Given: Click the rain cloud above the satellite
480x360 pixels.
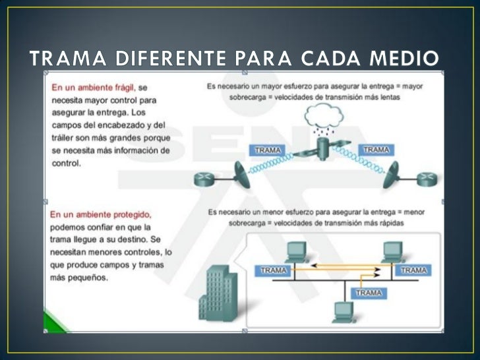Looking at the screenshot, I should tap(321, 119).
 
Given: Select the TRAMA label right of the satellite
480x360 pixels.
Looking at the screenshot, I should tap(376, 150).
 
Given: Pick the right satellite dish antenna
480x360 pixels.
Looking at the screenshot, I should tap(396, 175).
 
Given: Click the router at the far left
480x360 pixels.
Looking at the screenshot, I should tap(202, 179).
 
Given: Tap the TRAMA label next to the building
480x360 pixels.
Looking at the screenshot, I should tap(273, 270).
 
